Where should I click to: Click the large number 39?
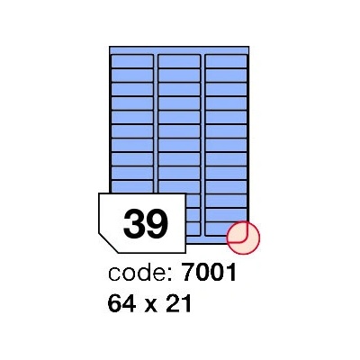[146, 223]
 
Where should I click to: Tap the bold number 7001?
[210, 272]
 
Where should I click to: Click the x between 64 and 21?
[152, 305]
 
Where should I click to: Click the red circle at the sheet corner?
[243, 238]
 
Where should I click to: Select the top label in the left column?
[132, 61]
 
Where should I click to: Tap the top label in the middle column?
[179, 61]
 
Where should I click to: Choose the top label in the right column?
[226, 61]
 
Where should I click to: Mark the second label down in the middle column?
[179, 76]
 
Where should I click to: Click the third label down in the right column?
[226, 89]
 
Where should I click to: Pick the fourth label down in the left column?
[132, 103]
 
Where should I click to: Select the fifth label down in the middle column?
[179, 117]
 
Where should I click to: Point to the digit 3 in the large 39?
[134, 223]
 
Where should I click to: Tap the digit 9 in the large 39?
[158, 223]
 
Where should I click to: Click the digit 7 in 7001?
[189, 273]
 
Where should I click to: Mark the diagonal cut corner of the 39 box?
[108, 243]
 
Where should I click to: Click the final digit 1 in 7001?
[231, 273]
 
